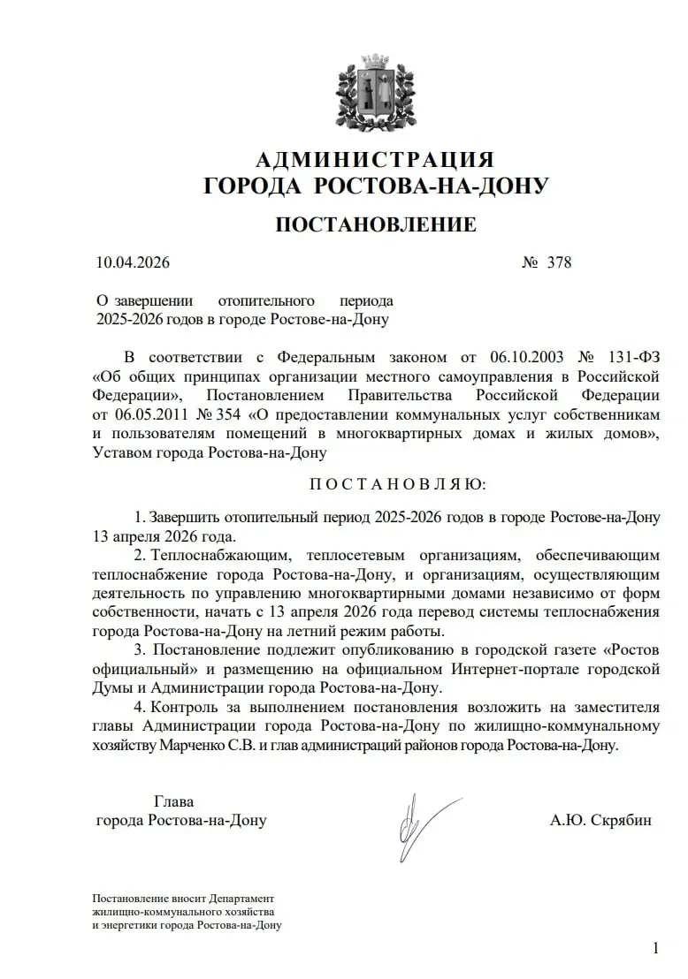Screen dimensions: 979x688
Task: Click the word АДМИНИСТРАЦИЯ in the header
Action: tap(375, 160)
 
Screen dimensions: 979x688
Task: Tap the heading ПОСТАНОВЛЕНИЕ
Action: tap(376, 224)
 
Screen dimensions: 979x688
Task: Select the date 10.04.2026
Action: tap(133, 263)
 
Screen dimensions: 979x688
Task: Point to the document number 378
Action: tap(559, 263)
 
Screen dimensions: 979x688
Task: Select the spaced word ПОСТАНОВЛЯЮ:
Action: tap(397, 484)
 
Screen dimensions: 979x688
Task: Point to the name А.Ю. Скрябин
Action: tap(601, 820)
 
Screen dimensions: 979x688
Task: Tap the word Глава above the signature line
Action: tap(174, 801)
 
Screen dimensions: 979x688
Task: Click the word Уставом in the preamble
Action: tap(121, 452)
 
